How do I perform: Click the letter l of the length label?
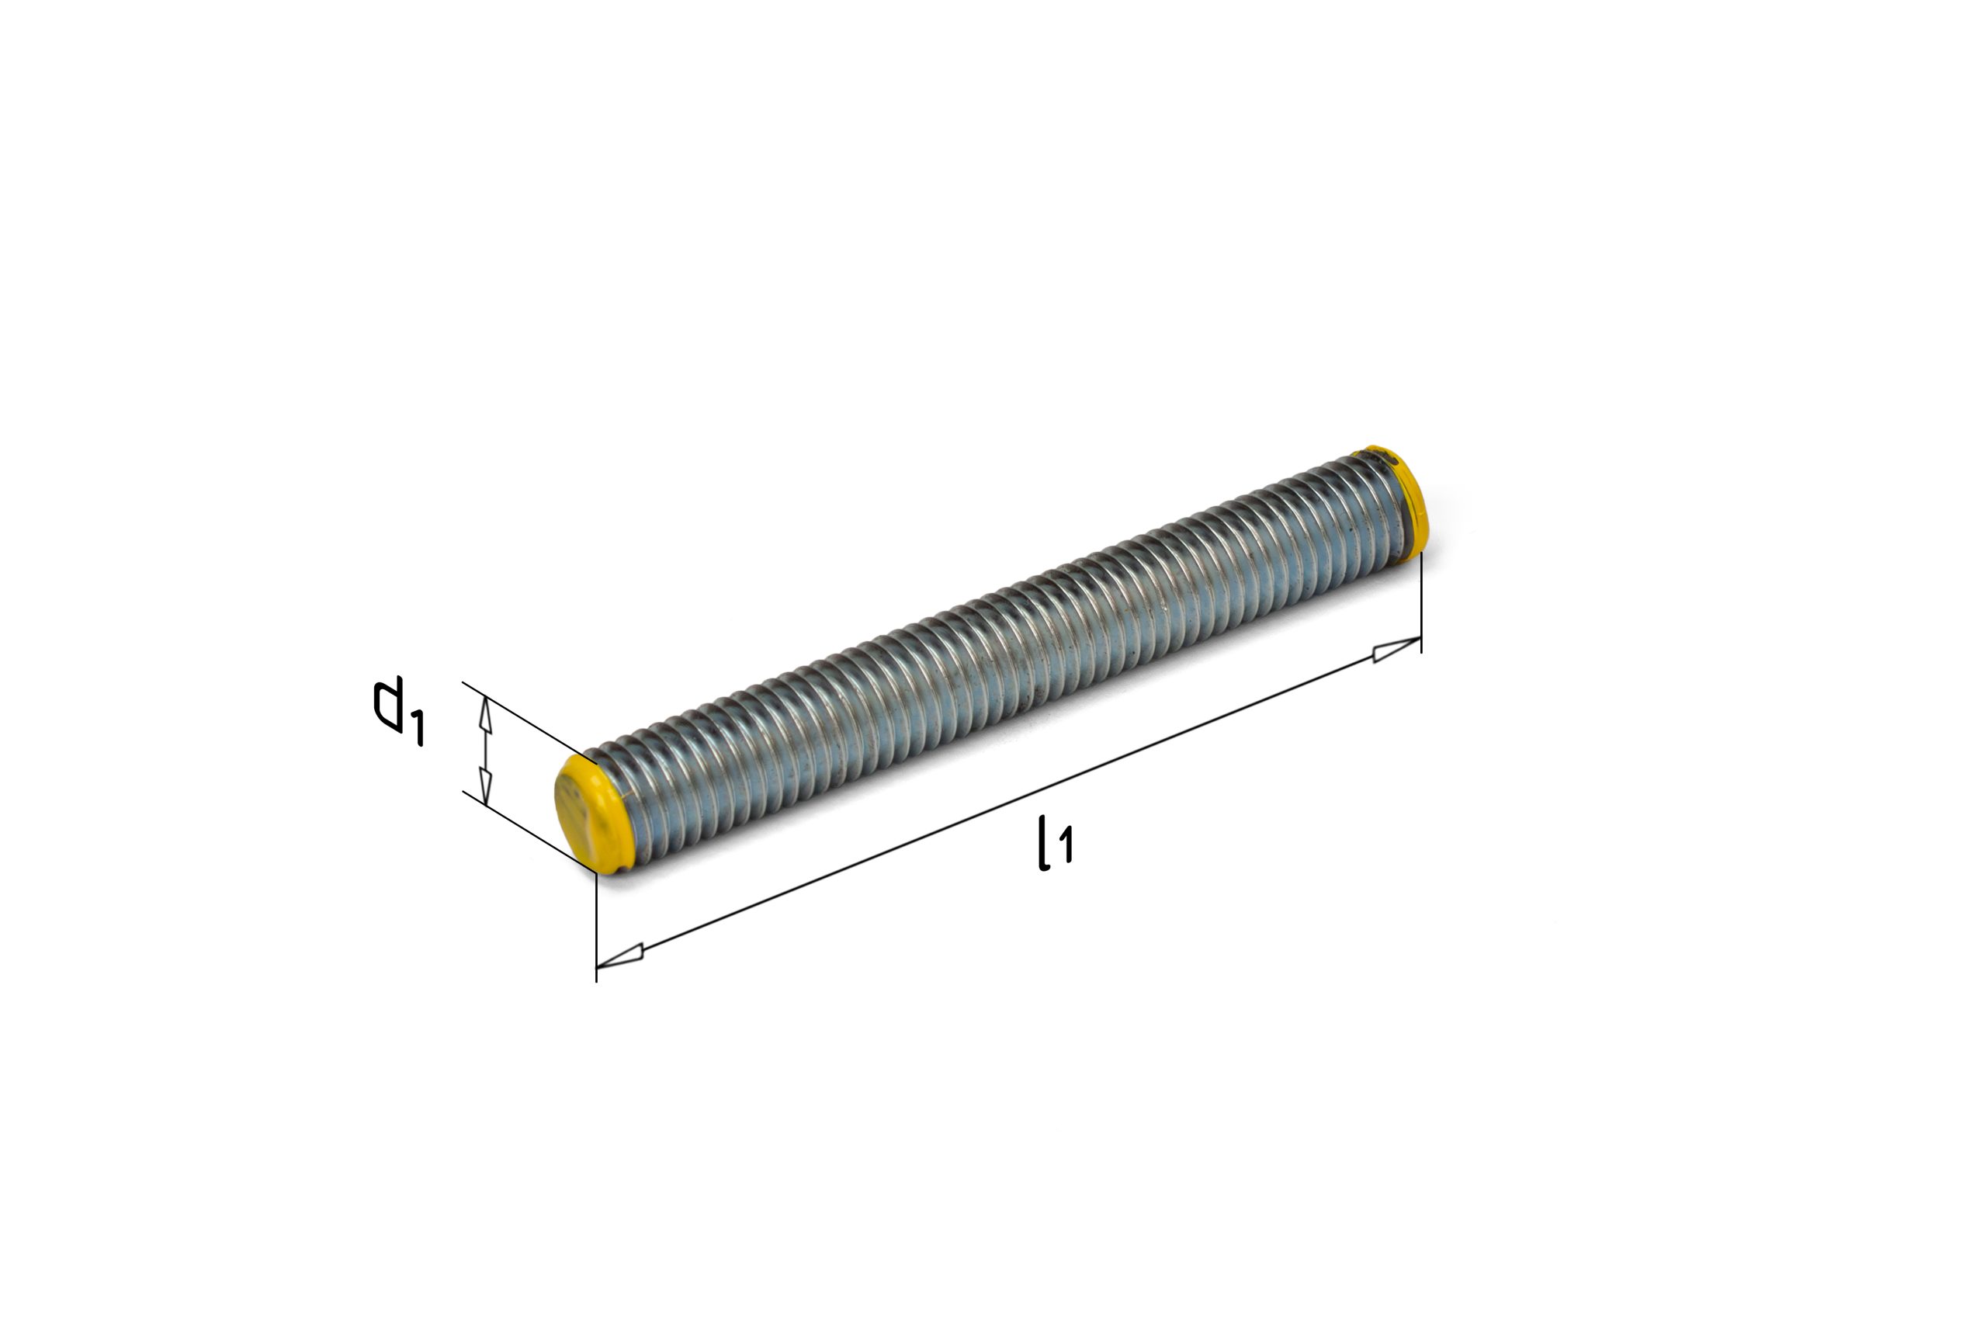[1044, 841]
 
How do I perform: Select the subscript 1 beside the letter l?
[1066, 845]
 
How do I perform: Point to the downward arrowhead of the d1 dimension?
[485, 785]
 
